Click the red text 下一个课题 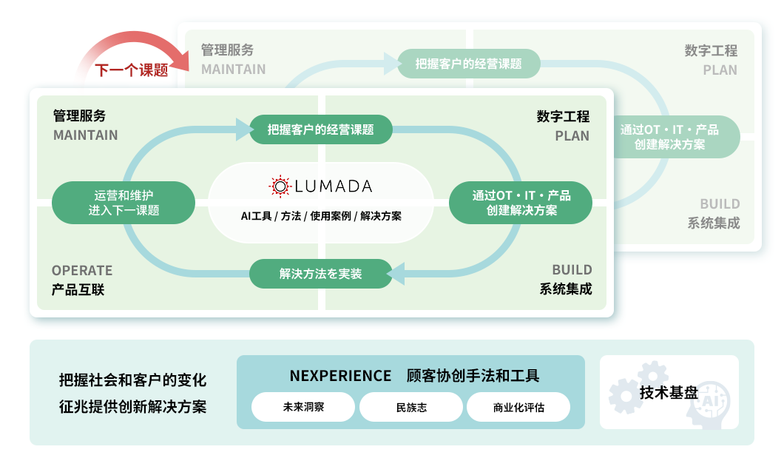(131, 71)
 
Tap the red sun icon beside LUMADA (280, 186)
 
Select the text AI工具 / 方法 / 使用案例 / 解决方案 (320, 216)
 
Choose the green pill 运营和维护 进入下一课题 (124, 203)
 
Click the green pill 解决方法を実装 (320, 274)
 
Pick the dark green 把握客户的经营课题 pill (320, 129)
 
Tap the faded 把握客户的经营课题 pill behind (468, 64)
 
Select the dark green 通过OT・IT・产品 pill (521, 203)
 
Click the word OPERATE (82, 270)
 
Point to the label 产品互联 (78, 289)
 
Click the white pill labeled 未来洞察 (303, 407)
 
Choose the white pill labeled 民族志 (411, 407)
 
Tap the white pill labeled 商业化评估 (518, 407)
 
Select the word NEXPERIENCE (340, 376)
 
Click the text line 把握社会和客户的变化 (132, 380)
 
